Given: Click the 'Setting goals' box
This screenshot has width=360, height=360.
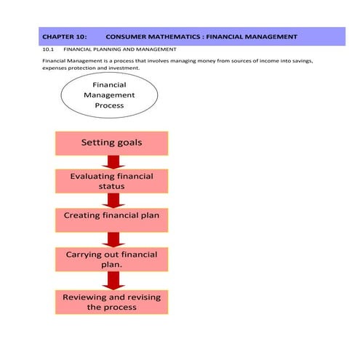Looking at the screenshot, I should point(111,143).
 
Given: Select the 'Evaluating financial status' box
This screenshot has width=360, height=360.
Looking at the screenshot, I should point(111,181).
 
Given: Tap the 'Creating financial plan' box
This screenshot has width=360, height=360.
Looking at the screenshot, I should point(111,216).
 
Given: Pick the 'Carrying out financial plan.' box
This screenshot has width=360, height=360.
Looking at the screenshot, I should point(111,260).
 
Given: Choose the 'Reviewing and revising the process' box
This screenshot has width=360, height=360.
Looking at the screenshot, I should point(111,303).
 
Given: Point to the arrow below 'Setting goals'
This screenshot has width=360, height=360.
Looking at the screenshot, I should point(112,162).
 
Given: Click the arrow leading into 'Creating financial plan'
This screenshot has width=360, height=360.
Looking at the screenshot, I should point(112,201).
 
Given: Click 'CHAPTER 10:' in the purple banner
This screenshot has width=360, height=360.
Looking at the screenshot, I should point(65,36).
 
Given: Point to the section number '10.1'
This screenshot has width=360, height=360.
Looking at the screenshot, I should point(49,49).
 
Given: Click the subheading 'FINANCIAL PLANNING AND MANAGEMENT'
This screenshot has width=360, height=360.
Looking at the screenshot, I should point(120,49).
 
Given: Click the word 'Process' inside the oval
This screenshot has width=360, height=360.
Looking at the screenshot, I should point(110,105).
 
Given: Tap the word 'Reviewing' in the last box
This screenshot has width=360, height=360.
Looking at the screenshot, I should point(90,297).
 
